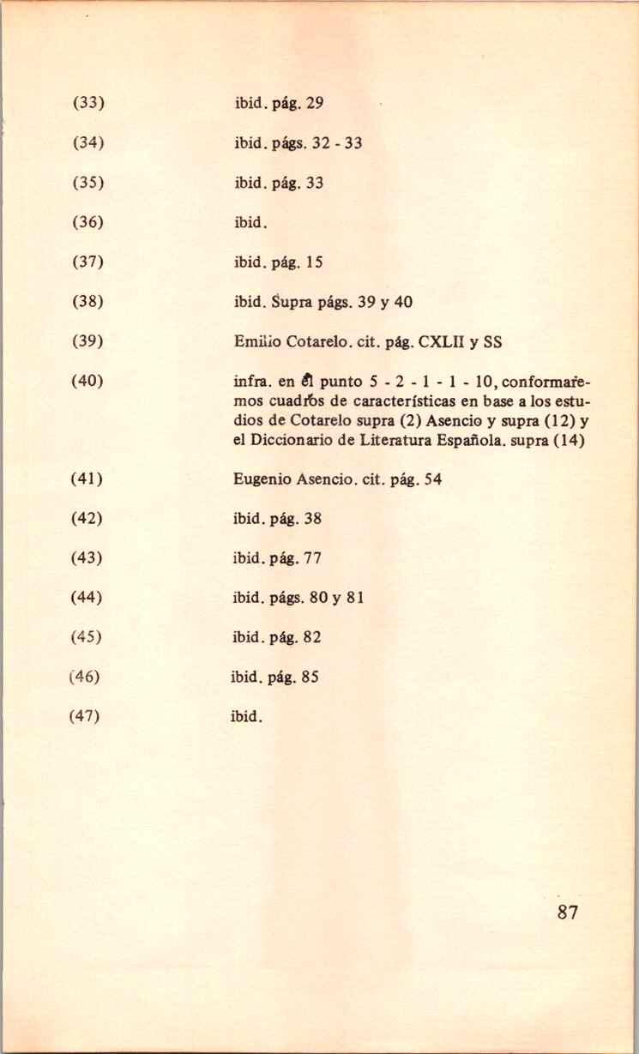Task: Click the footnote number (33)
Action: tap(87, 105)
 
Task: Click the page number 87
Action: tap(567, 912)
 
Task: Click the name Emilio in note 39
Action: tap(253, 341)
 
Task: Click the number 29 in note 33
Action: tap(314, 105)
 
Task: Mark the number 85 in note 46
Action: tap(310, 677)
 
